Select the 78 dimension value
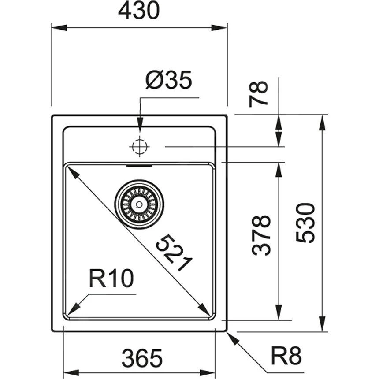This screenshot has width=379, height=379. tap(259, 93)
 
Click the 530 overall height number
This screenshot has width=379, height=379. tap(305, 223)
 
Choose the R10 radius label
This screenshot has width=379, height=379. tap(111, 279)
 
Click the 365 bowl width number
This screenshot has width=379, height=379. tap(142, 358)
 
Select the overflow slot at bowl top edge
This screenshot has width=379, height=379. tap(139, 166)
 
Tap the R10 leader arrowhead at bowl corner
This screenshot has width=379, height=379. tap(72, 310)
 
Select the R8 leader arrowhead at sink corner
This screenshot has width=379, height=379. tap(231, 336)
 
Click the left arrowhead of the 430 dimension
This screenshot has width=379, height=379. tap(57, 28)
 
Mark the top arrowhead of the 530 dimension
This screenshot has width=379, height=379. tap(323, 121)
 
